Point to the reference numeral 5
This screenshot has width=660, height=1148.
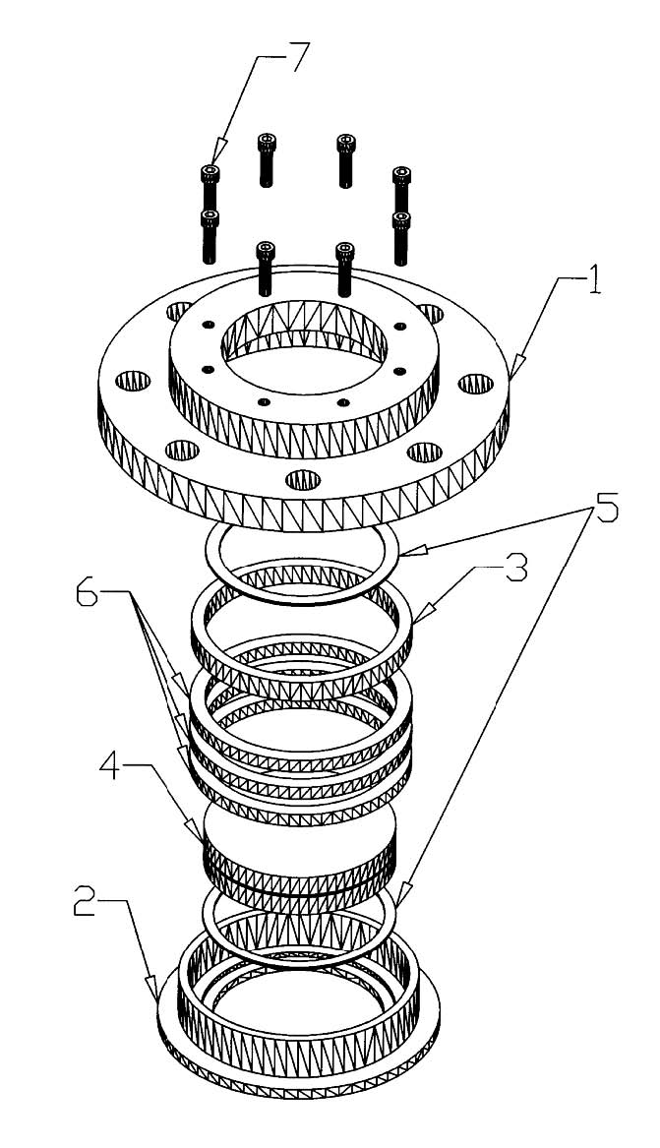(x=605, y=508)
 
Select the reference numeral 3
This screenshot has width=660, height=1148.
(x=516, y=569)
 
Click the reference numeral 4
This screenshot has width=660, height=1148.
(x=111, y=771)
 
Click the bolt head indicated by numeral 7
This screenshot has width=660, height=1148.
(x=210, y=173)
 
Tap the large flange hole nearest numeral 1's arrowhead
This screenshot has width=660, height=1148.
(x=477, y=383)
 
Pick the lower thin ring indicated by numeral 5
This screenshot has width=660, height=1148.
(x=301, y=925)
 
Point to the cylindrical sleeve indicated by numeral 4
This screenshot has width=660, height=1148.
(x=300, y=849)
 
